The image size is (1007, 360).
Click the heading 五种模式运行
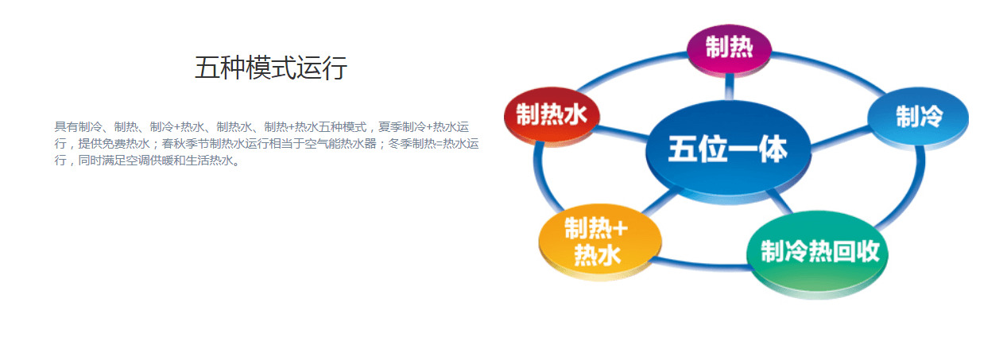271,68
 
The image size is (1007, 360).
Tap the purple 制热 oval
729,50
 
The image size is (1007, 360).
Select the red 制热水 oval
552,116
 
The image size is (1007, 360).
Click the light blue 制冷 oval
918,118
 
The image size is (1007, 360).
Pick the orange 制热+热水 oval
600,242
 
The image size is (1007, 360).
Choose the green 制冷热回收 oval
817,254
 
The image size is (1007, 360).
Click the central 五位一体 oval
728,152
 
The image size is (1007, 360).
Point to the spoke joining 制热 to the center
729,87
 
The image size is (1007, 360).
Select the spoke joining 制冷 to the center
841,138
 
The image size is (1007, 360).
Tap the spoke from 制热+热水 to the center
659,201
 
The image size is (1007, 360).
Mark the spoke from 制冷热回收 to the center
780,201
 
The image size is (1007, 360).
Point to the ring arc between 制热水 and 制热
629,69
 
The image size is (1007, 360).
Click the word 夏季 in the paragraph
389,127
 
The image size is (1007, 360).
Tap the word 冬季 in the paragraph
400,144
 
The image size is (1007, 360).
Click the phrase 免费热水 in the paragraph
126,144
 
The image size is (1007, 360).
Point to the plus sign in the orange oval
620,229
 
